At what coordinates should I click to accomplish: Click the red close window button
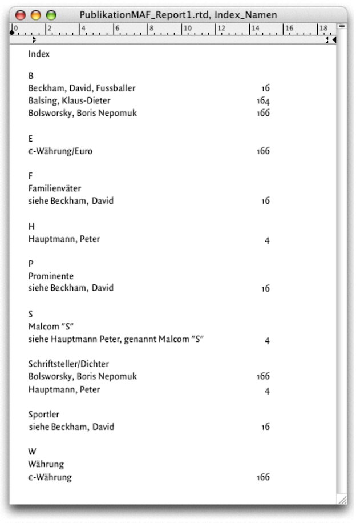coord(21,15)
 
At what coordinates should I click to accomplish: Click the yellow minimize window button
coord(36,15)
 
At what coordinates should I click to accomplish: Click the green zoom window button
coord(51,15)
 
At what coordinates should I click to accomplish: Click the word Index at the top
coord(39,54)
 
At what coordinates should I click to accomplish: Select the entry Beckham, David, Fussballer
coord(82,88)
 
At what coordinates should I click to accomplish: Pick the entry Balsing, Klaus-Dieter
coord(69,101)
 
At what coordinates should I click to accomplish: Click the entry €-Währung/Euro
coord(60,151)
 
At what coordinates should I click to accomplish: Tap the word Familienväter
coord(55,188)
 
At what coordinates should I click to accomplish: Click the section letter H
coord(31,227)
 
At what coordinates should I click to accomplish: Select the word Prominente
coord(51,276)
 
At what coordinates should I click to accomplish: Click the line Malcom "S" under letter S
coord(51,327)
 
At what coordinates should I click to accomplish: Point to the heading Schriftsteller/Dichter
coord(68,364)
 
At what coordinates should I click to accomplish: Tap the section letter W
coord(32,452)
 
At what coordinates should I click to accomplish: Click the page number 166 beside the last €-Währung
coord(262,477)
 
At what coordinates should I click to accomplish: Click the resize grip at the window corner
coord(342,500)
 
